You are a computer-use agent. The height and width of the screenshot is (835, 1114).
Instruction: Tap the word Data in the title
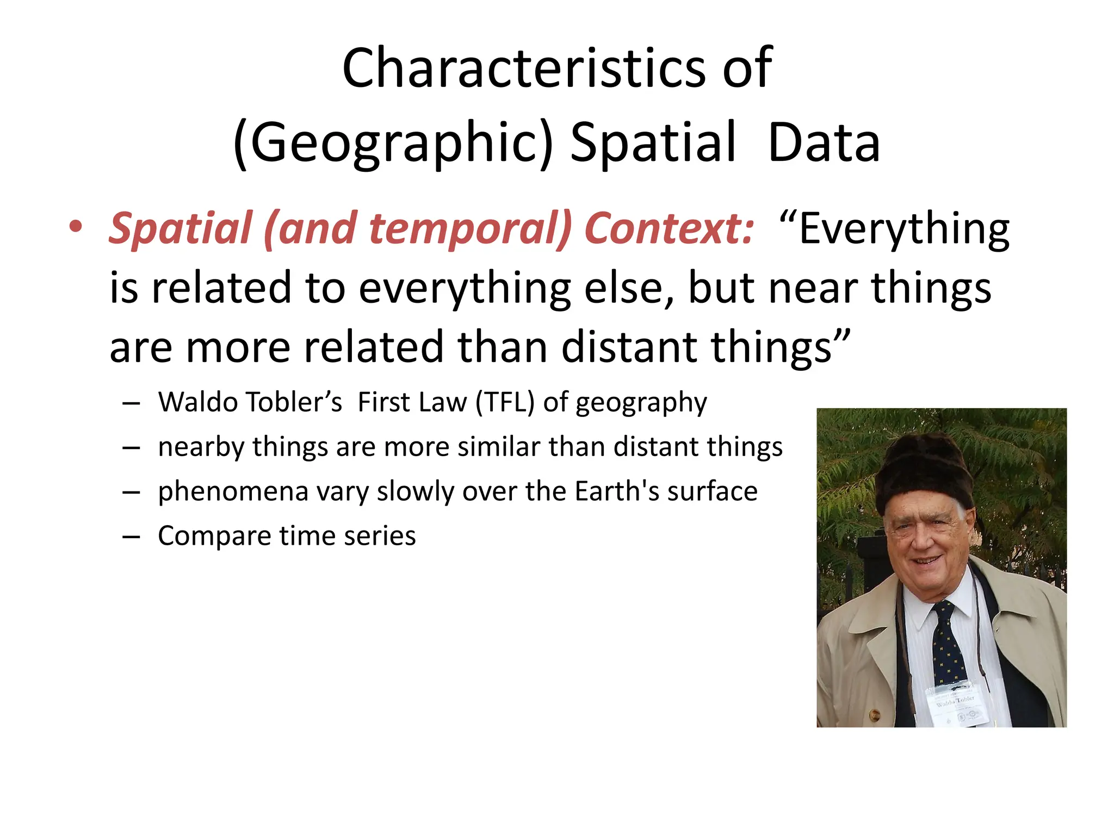[824, 142]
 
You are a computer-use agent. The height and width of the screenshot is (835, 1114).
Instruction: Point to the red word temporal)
[471, 228]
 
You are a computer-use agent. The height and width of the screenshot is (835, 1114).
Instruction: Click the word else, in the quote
[629, 288]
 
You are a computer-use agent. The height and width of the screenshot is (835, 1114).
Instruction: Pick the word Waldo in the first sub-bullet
[199, 402]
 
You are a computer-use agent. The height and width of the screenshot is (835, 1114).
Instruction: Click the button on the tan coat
[874, 715]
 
